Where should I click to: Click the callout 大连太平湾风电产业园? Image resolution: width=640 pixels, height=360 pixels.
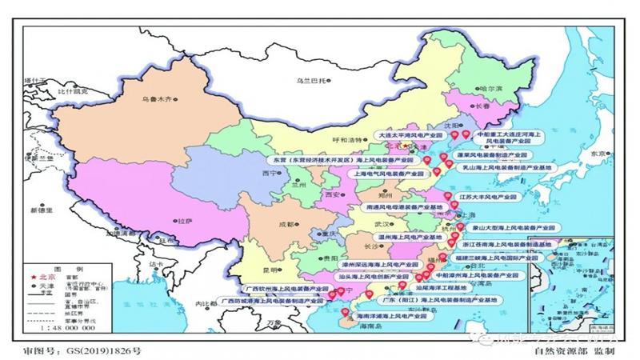pyautogui.click(x=411, y=136)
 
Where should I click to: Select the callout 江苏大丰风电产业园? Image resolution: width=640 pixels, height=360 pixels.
pyautogui.click(x=489, y=195)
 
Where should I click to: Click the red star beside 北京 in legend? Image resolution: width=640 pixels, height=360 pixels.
pyautogui.click(x=31, y=277)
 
